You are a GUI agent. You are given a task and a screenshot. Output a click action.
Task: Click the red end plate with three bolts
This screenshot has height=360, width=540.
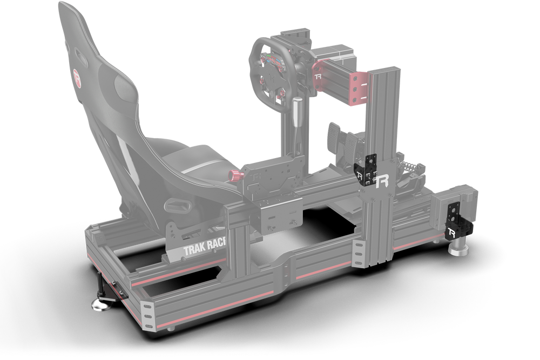[358, 87]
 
